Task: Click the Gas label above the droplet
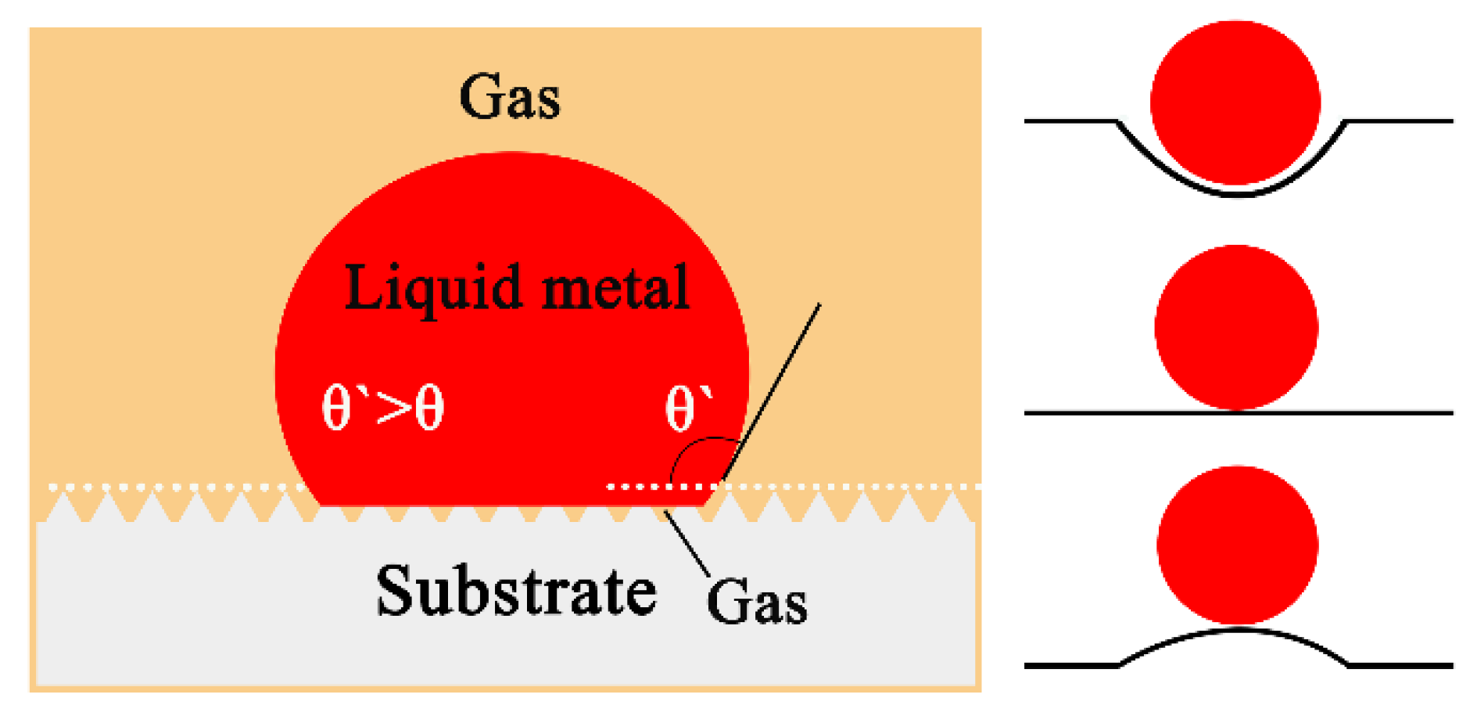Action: (509, 97)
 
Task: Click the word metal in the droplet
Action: (615, 288)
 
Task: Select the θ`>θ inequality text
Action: (383, 408)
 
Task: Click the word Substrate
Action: (515, 592)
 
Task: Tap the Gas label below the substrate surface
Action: (756, 603)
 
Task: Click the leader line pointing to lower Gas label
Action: (687, 543)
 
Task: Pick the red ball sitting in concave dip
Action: (1235, 103)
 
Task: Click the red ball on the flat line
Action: (1235, 327)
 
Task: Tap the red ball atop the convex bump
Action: (1237, 545)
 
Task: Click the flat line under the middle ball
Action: (1095, 412)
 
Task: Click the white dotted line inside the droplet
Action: (649, 487)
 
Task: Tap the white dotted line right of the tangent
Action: (860, 487)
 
